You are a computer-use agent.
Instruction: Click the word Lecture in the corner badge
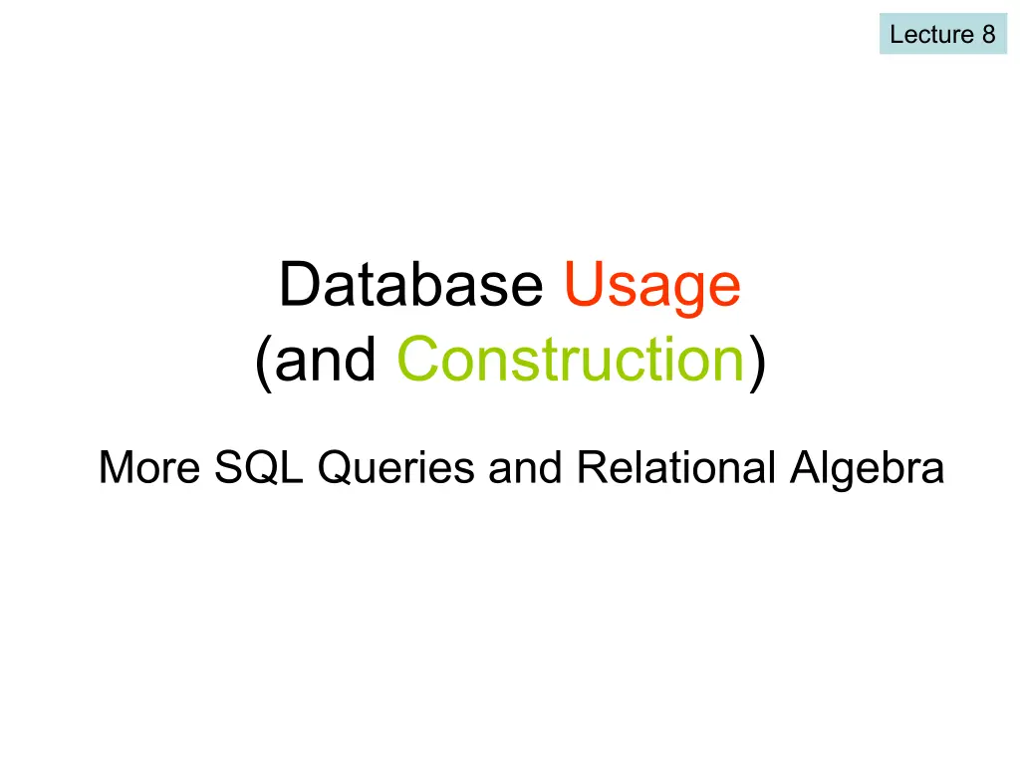pyautogui.click(x=931, y=34)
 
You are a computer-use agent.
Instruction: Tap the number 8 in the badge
pyautogui.click(x=989, y=34)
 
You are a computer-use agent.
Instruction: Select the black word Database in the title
pyautogui.click(x=411, y=284)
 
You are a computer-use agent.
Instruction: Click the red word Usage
pyautogui.click(x=652, y=289)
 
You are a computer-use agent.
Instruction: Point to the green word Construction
pyautogui.click(x=571, y=359)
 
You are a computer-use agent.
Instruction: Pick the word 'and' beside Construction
pyautogui.click(x=326, y=359)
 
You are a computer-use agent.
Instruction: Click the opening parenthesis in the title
pyautogui.click(x=263, y=363)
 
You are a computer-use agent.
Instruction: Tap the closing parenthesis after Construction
pyautogui.click(x=758, y=363)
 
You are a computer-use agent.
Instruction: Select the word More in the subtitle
pyautogui.click(x=149, y=467)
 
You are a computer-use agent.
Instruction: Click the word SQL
pyautogui.click(x=259, y=468)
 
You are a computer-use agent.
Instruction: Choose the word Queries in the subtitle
pyautogui.click(x=396, y=468)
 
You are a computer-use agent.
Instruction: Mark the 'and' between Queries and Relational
pyautogui.click(x=525, y=467)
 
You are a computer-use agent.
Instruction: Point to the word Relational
pyautogui.click(x=676, y=467)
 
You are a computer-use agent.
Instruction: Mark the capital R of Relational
pyautogui.click(x=593, y=467)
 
